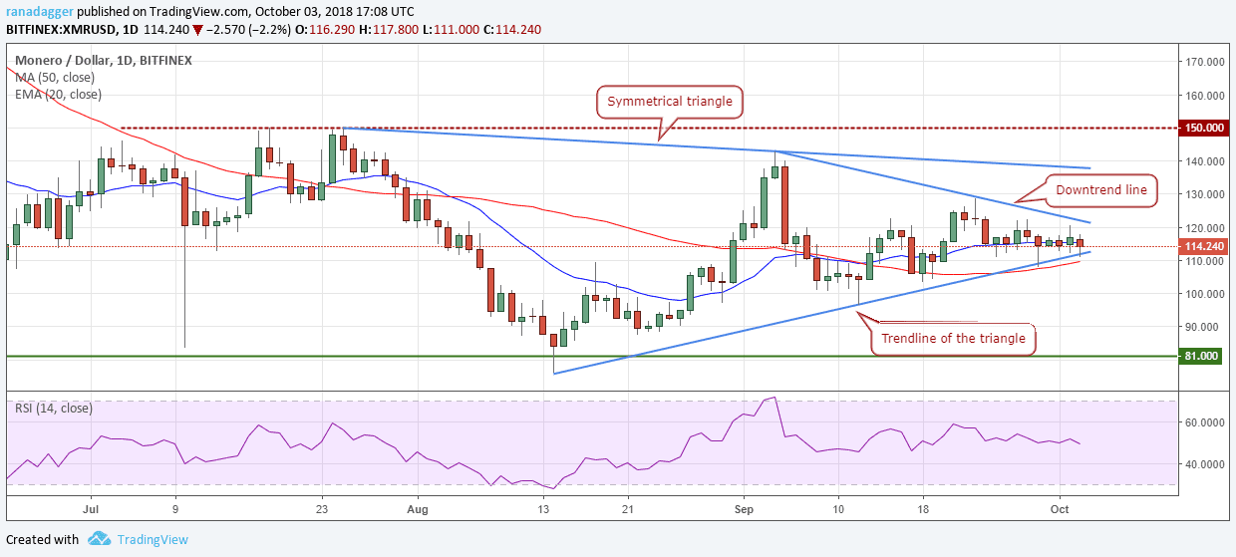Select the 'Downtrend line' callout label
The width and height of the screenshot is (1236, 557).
(x=1101, y=190)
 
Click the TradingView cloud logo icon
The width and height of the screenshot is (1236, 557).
(x=99, y=539)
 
